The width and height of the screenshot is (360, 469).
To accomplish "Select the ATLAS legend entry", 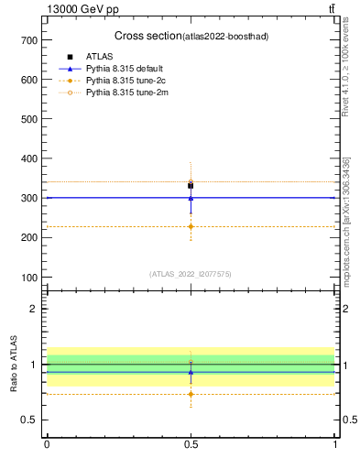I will point(100,57).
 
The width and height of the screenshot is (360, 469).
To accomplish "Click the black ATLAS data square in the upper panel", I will point(191,186).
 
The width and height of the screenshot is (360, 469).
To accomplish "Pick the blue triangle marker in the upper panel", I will point(191,197).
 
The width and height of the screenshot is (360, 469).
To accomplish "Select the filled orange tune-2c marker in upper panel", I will point(191,226).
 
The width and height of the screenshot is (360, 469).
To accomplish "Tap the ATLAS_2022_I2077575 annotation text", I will point(191,274).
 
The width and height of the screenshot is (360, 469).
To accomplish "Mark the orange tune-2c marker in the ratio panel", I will point(191,394).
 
